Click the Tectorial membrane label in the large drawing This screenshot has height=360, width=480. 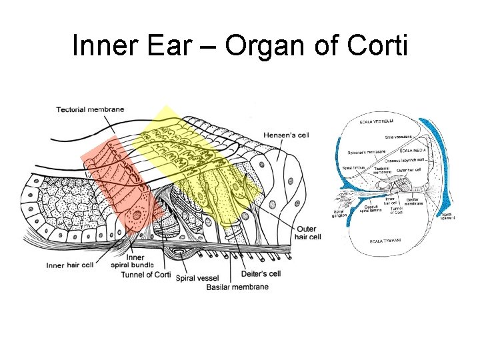click(x=89, y=109)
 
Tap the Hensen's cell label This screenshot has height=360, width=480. click(x=286, y=135)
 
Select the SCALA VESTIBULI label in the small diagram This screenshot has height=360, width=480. click(x=377, y=121)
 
